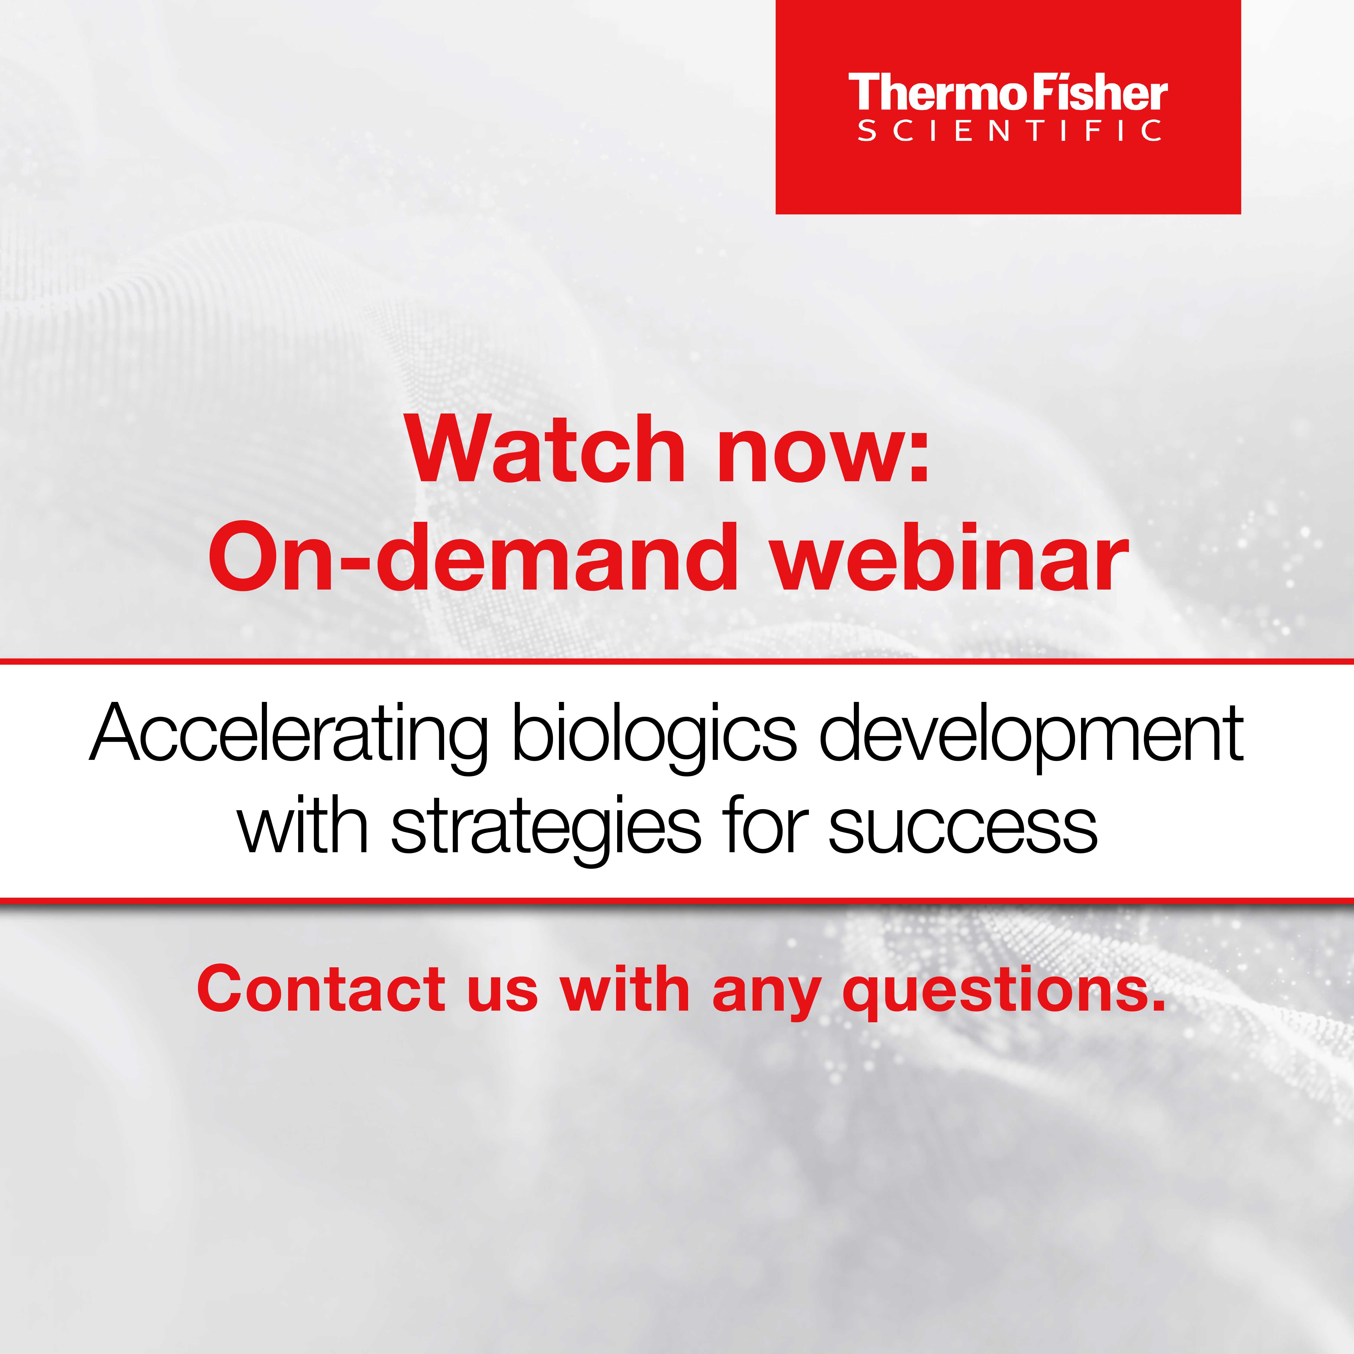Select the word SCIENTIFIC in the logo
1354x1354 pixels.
coord(1009,131)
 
